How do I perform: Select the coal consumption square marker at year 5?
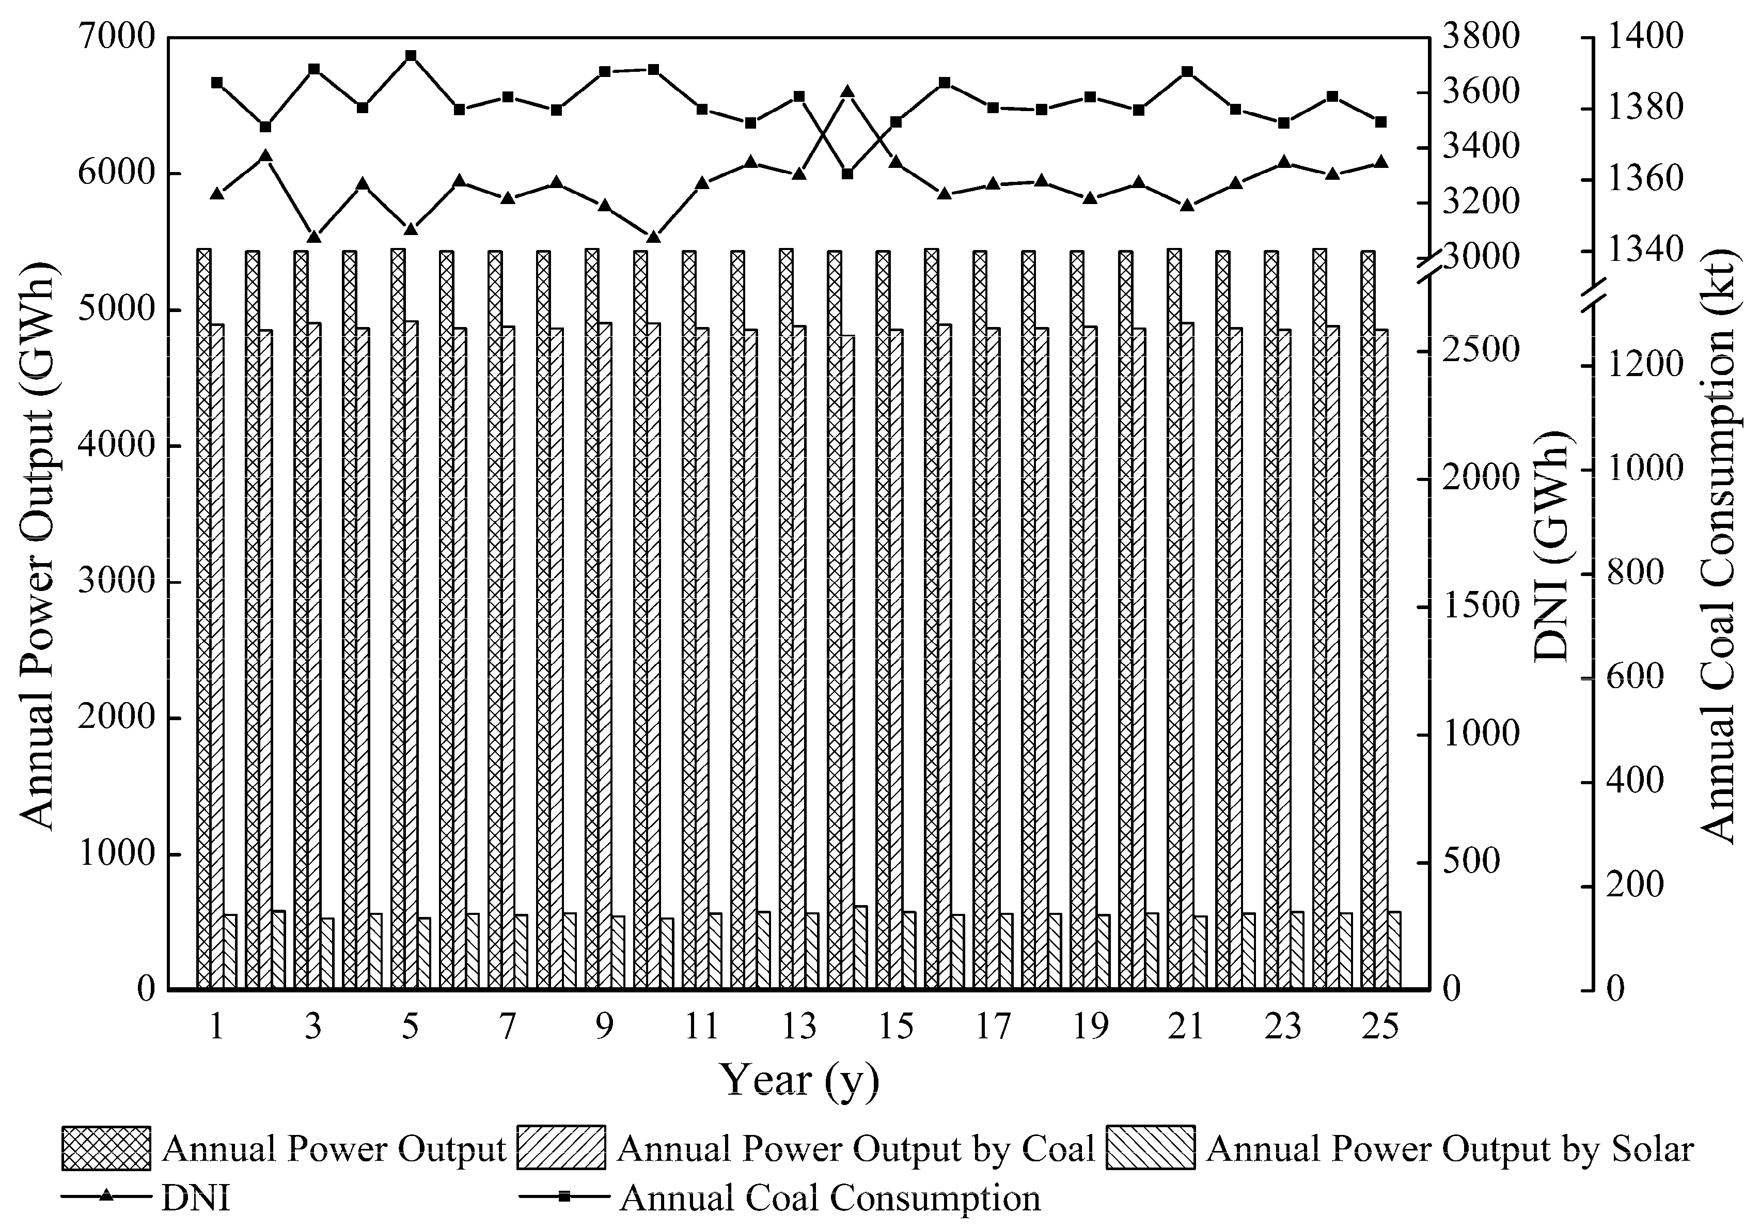pyautogui.click(x=411, y=56)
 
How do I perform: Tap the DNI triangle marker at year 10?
pyautogui.click(x=653, y=237)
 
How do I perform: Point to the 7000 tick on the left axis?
pyautogui.click(x=116, y=37)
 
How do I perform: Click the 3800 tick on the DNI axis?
pyautogui.click(x=1480, y=37)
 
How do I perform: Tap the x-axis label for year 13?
pyautogui.click(x=799, y=1026)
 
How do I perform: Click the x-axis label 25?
pyautogui.click(x=1380, y=1026)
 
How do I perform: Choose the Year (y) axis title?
pyautogui.click(x=799, y=1082)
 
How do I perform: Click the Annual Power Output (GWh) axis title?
pyautogui.click(x=37, y=546)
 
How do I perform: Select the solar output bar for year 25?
pyautogui.click(x=1393, y=950)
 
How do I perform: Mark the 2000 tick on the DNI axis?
pyautogui.click(x=1480, y=479)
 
